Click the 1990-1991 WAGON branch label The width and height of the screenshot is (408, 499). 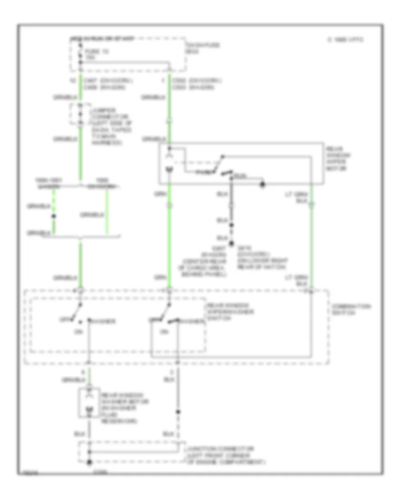(x=48, y=182)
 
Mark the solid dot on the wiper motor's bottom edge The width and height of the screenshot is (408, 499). (x=262, y=185)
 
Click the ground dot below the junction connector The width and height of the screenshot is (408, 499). (x=89, y=462)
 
